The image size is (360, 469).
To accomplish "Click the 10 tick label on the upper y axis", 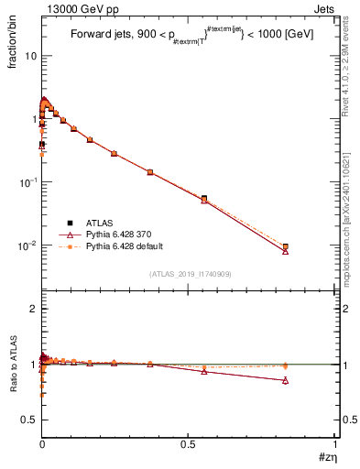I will click(30, 55).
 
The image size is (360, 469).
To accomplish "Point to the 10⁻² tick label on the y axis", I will click(27, 245).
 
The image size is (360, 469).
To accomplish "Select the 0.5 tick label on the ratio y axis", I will click(30, 419).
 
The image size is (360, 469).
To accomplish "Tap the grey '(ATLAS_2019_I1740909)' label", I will click(189, 274).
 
